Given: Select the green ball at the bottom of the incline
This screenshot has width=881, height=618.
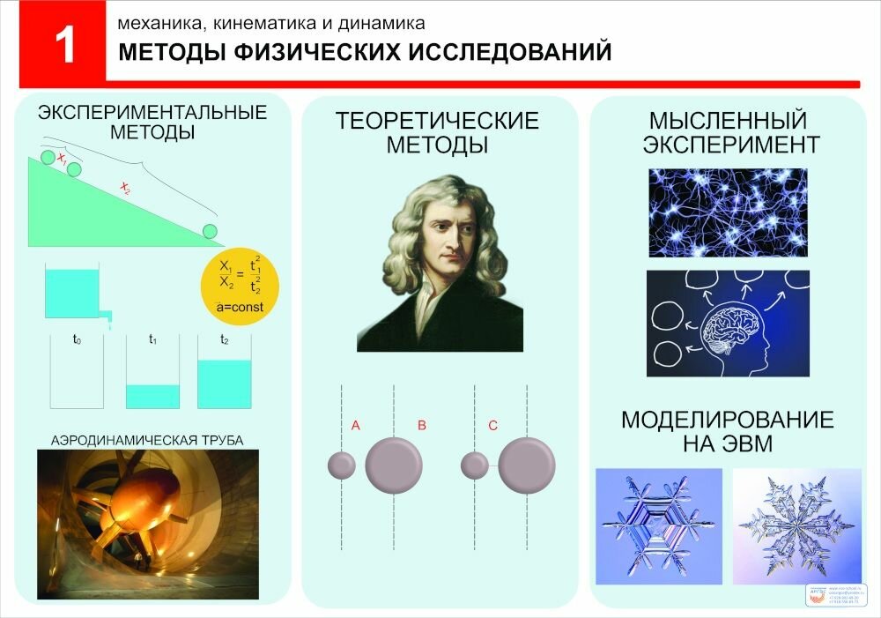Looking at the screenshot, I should tap(210, 231).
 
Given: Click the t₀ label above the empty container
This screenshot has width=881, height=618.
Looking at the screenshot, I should tap(78, 338).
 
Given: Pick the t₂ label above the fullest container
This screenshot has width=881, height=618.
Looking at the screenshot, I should tap(225, 338).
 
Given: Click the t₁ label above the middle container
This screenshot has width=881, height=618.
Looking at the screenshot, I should tap(152, 338).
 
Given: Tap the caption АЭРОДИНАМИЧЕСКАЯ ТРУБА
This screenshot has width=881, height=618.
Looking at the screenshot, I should tap(147, 439).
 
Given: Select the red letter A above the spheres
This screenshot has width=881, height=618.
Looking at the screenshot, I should tap(356, 426).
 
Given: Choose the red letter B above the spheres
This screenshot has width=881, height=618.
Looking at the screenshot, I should tap(422, 426).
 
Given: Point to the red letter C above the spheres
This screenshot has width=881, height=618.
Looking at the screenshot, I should tap(492, 426).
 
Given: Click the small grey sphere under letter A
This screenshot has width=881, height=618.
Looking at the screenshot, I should tap(342, 465).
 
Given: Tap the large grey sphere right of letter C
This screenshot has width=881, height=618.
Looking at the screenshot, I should tap(527, 465).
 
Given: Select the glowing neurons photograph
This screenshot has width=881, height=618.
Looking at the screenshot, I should tap(728, 212).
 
